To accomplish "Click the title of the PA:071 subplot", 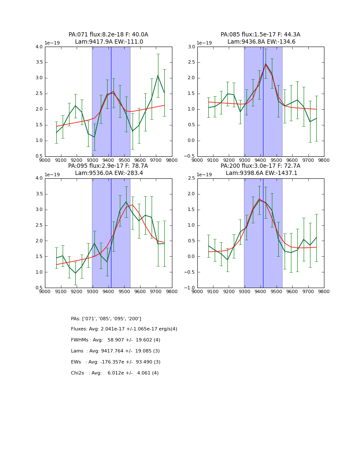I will tap(108, 38).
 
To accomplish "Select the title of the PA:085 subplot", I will tap(260, 38).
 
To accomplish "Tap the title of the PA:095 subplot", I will tap(108, 169).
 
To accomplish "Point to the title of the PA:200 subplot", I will tap(260, 169).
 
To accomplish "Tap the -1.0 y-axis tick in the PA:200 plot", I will tap(190, 288).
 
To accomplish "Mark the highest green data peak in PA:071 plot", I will tap(158, 75).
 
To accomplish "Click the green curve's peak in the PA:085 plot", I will tap(266, 64).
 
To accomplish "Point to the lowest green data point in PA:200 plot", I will tap(227, 260).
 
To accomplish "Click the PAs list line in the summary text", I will tap(106, 319).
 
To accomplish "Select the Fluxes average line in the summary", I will tap(124, 329).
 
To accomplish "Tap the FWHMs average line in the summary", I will tap(116, 340).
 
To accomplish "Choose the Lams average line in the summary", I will tap(115, 351).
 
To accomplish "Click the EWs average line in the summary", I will tap(116, 362).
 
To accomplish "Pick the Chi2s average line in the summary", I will tap(115, 373).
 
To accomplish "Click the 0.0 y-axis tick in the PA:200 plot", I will tap(191, 256).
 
